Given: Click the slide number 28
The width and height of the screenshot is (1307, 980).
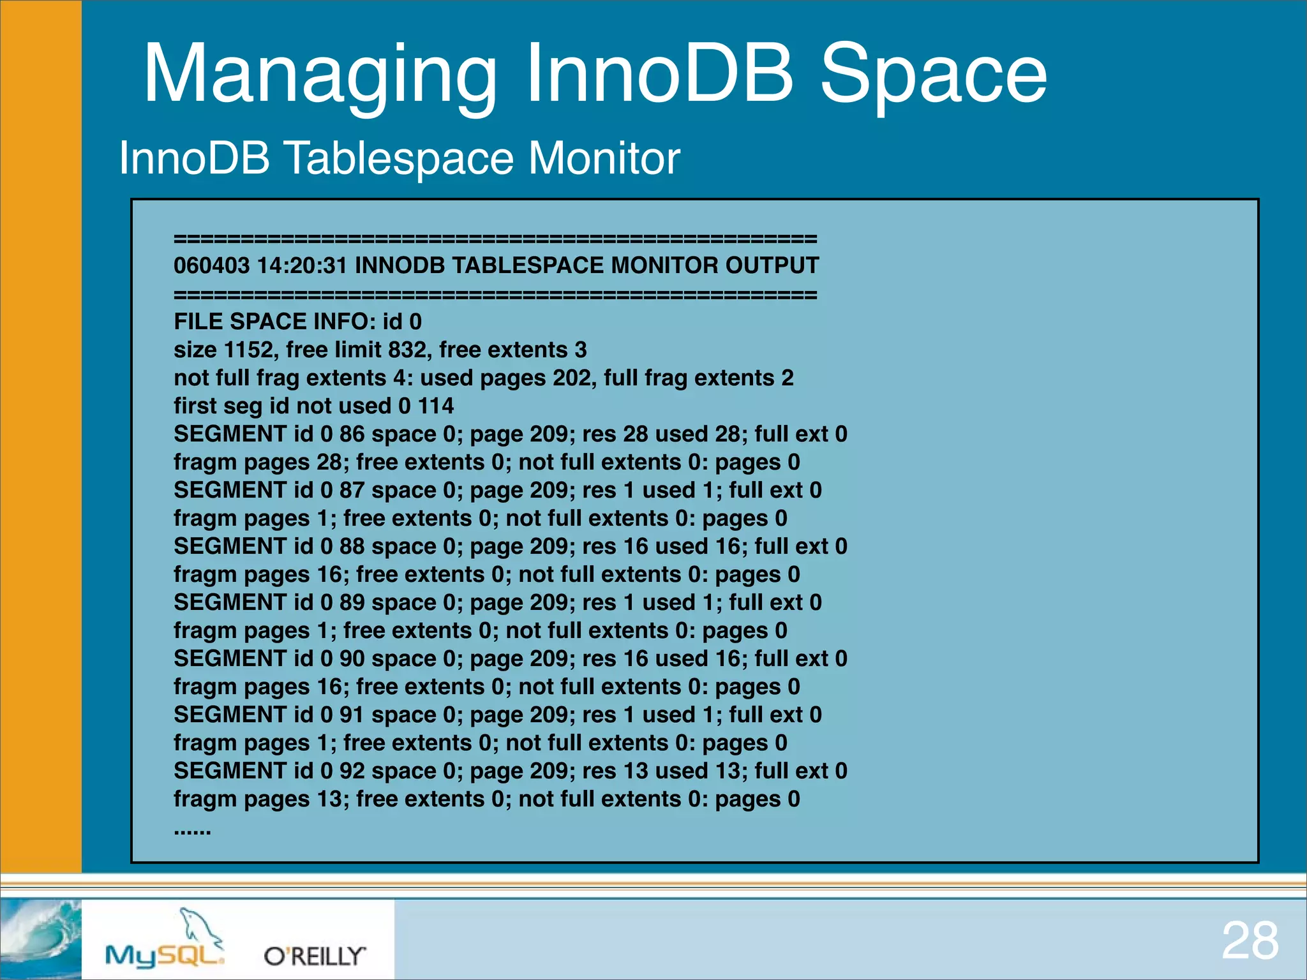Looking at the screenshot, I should [1250, 941].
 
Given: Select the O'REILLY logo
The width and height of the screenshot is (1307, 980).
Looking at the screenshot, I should [315, 956].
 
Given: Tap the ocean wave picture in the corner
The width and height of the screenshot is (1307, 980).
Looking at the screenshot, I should [40, 938].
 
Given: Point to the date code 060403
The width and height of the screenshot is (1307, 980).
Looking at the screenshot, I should [211, 265].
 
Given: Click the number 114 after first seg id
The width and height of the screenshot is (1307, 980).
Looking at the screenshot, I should [435, 406].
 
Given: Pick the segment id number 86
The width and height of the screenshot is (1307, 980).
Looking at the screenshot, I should [351, 434].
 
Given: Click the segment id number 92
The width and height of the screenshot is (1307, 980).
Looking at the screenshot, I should [351, 771].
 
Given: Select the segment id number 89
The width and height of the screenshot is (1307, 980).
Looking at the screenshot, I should [351, 602].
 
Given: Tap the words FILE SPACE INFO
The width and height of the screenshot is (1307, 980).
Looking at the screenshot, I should [274, 322].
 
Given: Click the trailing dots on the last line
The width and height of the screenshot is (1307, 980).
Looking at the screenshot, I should [192, 831].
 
